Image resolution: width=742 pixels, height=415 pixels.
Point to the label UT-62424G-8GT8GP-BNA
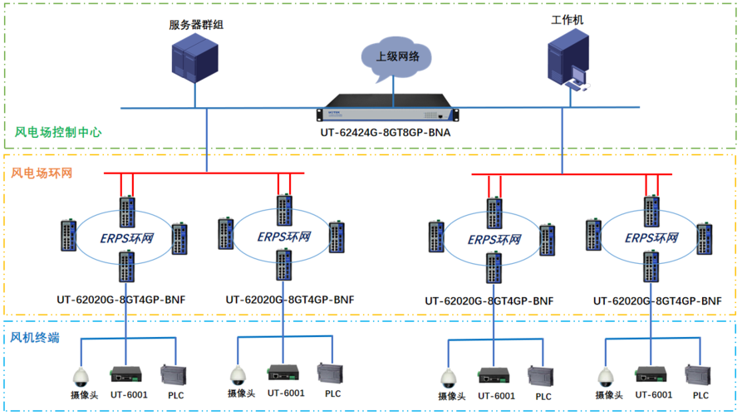point(388,133)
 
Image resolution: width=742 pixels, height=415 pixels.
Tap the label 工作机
point(567,18)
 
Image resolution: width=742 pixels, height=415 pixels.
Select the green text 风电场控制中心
point(58,132)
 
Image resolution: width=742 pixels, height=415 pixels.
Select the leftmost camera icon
point(81,376)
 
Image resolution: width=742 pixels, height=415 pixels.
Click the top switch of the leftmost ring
point(125,211)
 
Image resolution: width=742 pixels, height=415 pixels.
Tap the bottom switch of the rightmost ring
point(649,267)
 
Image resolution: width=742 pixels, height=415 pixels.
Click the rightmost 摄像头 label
point(610,396)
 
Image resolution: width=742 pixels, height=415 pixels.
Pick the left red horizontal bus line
point(204,173)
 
